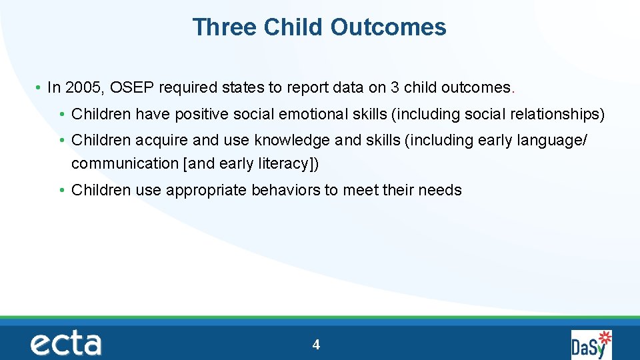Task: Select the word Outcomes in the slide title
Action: (x=387, y=27)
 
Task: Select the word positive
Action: (x=201, y=115)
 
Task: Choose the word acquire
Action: (x=161, y=141)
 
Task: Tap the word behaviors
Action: (x=285, y=190)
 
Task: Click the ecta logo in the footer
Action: (x=65, y=344)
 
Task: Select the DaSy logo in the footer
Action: (x=591, y=344)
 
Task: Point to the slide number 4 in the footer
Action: (x=316, y=345)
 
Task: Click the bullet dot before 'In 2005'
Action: (x=39, y=88)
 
